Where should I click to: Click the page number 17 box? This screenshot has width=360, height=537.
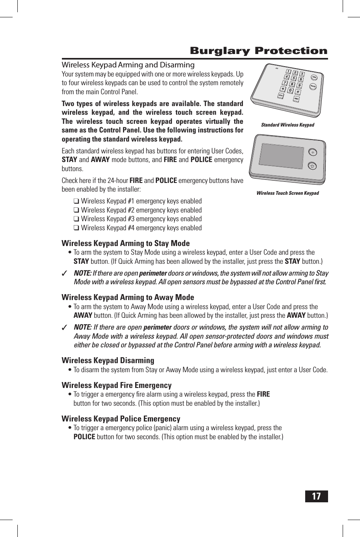coord(316,496)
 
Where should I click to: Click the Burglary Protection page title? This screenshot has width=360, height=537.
coord(259,51)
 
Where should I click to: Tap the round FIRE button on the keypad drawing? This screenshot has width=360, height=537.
coord(314,77)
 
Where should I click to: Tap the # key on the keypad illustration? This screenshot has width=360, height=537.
coord(298,92)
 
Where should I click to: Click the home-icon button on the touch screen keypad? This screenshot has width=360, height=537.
coord(312,166)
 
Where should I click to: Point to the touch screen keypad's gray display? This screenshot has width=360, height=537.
coord(281,156)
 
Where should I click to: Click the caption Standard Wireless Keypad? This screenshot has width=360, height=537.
coord(287,125)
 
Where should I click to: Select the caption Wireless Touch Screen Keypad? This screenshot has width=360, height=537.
coord(287,193)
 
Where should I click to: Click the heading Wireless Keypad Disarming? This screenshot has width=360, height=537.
coord(108,360)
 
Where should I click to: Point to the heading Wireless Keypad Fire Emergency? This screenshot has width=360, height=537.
coord(116,385)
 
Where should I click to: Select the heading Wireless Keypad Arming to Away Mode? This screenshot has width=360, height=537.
coord(128,297)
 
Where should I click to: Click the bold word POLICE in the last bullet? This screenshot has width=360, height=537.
coord(84,437)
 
